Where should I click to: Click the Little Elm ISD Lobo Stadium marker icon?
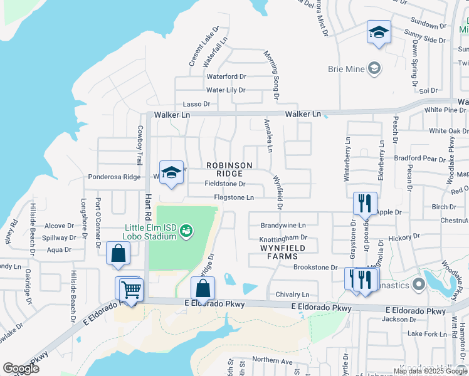coord(186,232)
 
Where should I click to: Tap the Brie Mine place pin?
coord(374,68)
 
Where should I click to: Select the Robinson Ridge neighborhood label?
coord(229,169)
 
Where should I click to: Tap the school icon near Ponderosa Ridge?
coord(171,174)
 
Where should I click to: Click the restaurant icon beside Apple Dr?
coord(365,203)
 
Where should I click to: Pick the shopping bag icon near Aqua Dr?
coord(118,253)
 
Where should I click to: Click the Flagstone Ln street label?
coord(234,197)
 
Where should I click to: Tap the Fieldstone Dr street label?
coord(225,184)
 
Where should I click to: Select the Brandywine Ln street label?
coord(283,225)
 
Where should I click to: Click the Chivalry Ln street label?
coord(292,295)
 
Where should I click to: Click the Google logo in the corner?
coord(21,368)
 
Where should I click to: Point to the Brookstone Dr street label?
coord(315,267)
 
